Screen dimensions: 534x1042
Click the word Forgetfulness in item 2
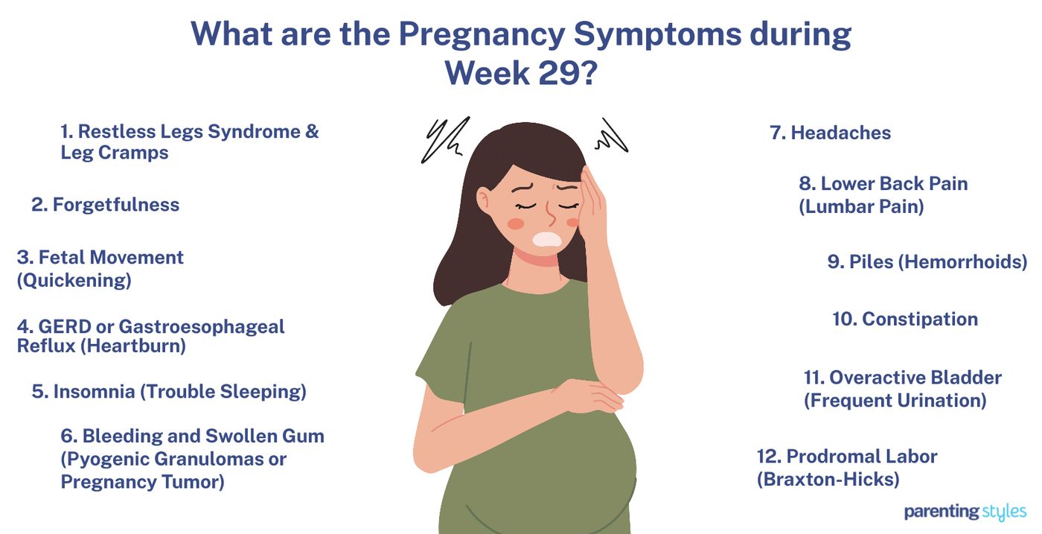click(115, 205)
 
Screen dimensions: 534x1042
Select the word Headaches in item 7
click(840, 133)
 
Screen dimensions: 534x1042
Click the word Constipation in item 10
click(920, 320)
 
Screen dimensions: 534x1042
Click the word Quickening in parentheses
click(74, 281)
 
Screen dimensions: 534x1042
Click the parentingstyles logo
click(965, 512)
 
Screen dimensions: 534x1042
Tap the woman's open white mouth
click(547, 239)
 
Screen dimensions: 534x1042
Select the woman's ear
click(484, 200)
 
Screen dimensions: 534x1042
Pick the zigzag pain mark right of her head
click(610, 136)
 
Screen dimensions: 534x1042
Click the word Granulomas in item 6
click(216, 459)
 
